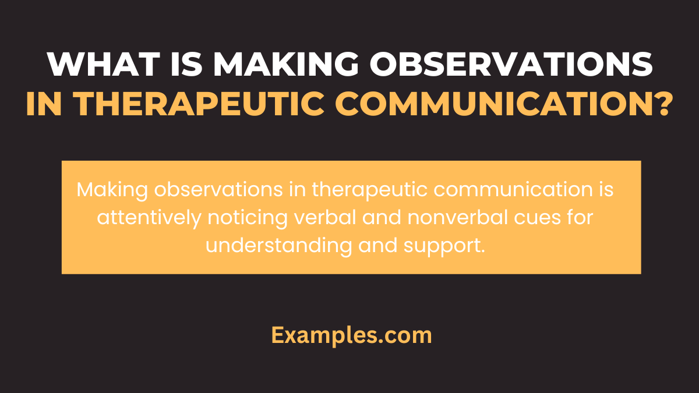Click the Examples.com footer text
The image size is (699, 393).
coord(351,335)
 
